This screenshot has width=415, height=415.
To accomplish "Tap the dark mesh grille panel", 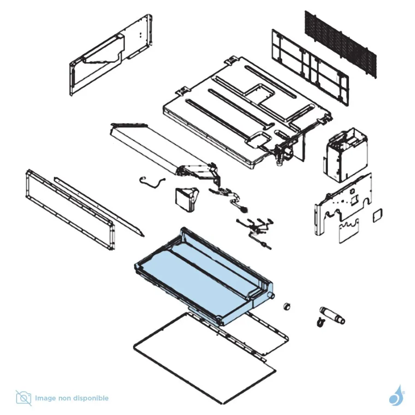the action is click(x=341, y=44).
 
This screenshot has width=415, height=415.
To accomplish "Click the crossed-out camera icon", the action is click(x=24, y=398).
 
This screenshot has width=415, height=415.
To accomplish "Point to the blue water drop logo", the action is click(x=396, y=396).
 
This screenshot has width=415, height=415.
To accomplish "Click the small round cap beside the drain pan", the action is click(x=286, y=307).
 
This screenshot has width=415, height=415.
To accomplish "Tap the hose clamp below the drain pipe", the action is click(x=321, y=323).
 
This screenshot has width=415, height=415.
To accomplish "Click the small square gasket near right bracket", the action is click(x=377, y=215).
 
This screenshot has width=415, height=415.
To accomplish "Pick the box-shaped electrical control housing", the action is click(x=345, y=155).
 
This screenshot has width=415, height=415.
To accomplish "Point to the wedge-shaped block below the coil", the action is click(x=186, y=200).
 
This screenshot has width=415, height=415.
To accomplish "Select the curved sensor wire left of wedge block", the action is click(x=152, y=182).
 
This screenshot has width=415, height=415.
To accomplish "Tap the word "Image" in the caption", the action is click(x=45, y=398).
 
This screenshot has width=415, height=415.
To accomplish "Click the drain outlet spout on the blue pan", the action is click(x=271, y=296).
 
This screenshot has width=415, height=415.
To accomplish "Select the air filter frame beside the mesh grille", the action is click(x=310, y=67).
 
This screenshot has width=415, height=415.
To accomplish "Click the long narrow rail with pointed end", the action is click(x=99, y=206).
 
